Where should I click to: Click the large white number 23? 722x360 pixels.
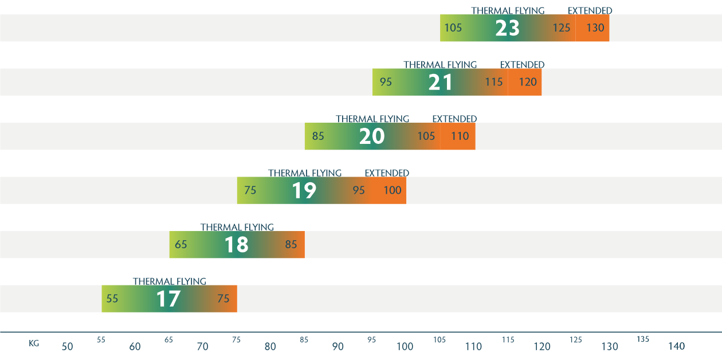507,28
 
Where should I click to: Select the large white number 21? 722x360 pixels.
441,82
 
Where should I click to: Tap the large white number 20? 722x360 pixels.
372,136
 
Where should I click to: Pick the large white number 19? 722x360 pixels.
304,190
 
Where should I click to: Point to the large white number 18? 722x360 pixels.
236,245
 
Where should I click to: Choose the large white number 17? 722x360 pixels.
168,299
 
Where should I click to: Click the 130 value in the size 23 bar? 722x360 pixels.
595,28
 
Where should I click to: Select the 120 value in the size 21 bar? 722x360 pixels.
528,82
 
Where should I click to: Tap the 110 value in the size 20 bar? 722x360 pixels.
460,136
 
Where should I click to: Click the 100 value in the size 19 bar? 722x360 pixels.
393,190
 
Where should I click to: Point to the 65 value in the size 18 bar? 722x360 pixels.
181,245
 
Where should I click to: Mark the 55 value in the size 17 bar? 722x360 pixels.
112,299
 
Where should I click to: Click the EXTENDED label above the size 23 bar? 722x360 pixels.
590,11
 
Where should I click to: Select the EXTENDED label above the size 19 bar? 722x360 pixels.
387,173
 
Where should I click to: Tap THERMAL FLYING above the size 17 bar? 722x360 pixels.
170,281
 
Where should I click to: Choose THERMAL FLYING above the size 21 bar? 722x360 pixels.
440,65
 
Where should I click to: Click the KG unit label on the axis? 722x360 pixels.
34,344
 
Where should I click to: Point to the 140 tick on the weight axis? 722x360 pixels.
676,347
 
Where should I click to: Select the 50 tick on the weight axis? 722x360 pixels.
68,347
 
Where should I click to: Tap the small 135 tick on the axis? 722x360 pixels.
643,339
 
